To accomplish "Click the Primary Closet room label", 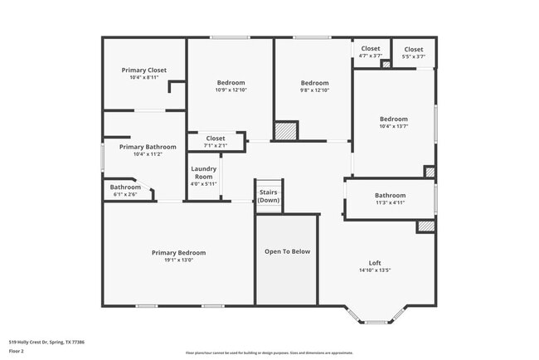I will click(143, 71).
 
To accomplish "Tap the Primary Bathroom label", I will click(148, 147).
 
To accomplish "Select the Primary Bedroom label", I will click(178, 252).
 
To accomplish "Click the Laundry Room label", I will click(204, 173).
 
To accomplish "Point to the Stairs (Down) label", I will click(268, 196).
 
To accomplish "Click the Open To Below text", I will click(287, 251).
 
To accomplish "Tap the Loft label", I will click(374, 262).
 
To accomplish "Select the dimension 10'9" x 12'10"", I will click(231, 90).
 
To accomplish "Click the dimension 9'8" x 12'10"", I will click(314, 90).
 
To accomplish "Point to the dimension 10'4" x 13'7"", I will click(394, 126).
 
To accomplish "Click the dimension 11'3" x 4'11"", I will click(390, 202).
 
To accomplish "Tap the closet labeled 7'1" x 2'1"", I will click(216, 142).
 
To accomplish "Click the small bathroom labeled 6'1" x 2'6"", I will click(125, 191).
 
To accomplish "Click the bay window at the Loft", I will click(376, 317).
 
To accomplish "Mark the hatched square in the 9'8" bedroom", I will click(285, 131).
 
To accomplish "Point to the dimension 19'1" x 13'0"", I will click(178, 260).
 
